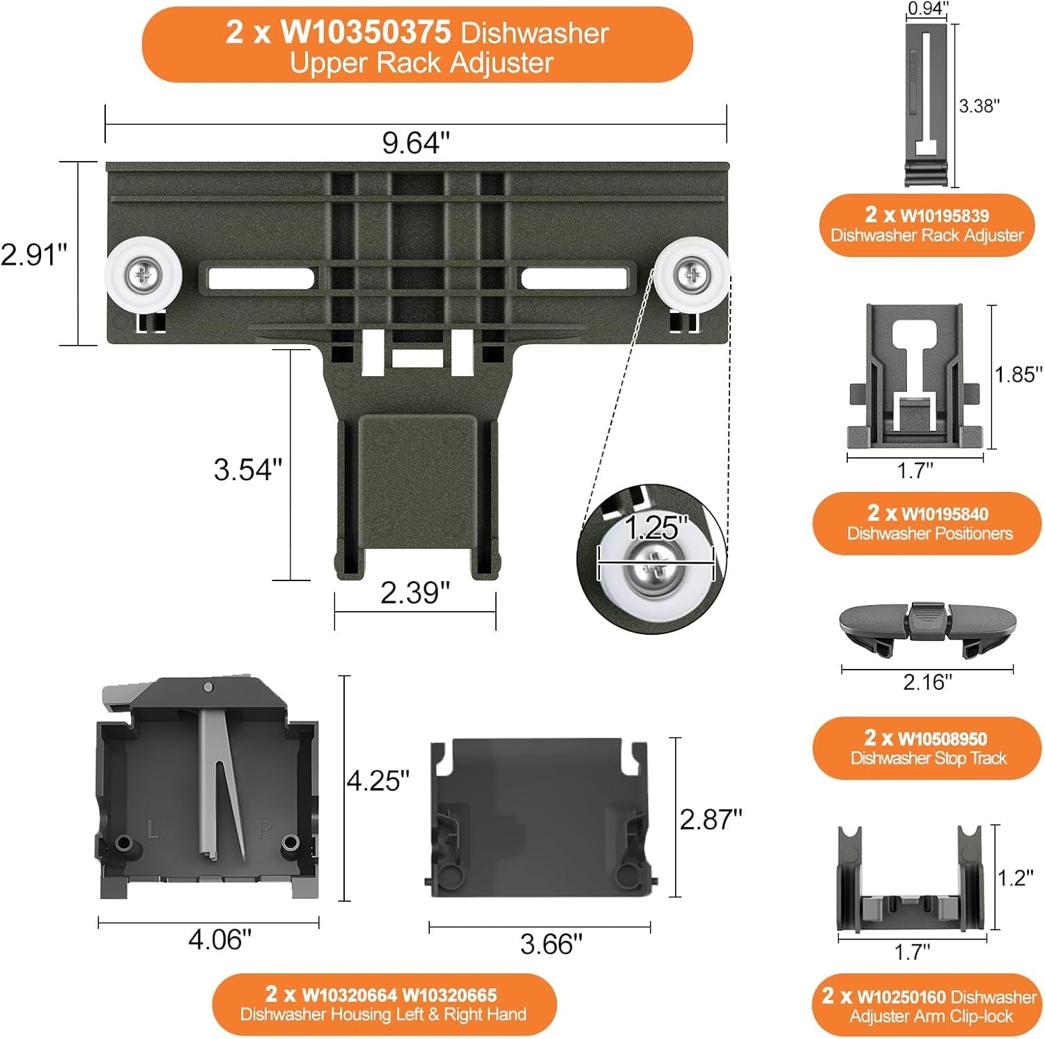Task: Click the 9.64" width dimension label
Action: [x=415, y=143]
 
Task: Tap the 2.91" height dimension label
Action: [x=33, y=254]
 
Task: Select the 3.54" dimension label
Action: [x=247, y=469]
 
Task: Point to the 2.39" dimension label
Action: [x=415, y=592]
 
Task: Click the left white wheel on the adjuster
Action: [x=144, y=275]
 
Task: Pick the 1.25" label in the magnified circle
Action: [x=655, y=528]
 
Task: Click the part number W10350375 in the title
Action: [x=366, y=32]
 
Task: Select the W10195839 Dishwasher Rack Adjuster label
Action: [x=927, y=224]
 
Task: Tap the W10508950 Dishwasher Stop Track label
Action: [x=927, y=748]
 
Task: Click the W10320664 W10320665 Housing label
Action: [x=383, y=1003]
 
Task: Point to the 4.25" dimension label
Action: [x=378, y=780]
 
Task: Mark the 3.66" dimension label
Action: [x=550, y=944]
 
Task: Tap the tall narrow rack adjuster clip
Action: [x=927, y=105]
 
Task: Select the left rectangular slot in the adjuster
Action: [x=261, y=278]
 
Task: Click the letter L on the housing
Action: [x=153, y=829]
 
